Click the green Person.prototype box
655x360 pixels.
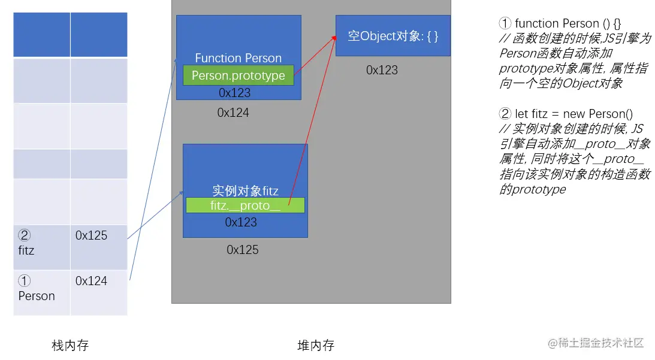[x=239, y=75]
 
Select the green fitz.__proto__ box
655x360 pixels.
[x=245, y=205]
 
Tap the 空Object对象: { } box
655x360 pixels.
[x=393, y=36]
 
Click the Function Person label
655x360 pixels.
[x=238, y=58]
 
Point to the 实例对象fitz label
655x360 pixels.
[x=245, y=191]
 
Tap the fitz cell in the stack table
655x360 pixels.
[x=41, y=247]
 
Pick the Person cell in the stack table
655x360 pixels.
[x=41, y=292]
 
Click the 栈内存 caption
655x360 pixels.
[x=70, y=346]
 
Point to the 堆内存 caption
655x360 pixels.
[x=316, y=346]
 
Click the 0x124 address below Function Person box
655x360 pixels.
[x=233, y=113]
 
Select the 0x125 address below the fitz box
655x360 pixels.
[x=243, y=250]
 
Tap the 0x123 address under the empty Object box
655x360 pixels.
[x=382, y=70]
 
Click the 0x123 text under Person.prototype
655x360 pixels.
[x=234, y=93]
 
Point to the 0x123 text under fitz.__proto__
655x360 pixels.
[x=241, y=222]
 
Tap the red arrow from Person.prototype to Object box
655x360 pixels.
[x=315, y=56]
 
